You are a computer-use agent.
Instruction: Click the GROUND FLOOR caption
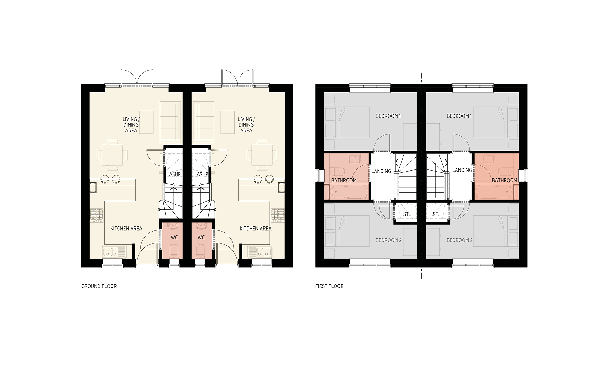[x=99, y=286]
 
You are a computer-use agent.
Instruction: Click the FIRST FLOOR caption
[x=329, y=286]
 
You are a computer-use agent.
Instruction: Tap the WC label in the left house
[x=174, y=237]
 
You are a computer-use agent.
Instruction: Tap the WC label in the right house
[x=201, y=237]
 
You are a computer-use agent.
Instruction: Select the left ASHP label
[x=175, y=174]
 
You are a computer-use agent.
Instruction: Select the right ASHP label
[x=202, y=174]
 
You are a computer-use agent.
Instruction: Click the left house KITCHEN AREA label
[x=126, y=228]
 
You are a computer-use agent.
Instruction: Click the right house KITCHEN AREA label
[x=255, y=228]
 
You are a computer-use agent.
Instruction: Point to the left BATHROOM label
[x=344, y=180]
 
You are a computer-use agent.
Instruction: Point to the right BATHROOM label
[x=505, y=180]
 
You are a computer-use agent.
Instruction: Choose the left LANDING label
[x=381, y=171]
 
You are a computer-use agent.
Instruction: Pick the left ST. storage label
[x=406, y=214]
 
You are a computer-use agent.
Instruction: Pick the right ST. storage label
[x=436, y=214]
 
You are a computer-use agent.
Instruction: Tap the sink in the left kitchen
[x=114, y=252]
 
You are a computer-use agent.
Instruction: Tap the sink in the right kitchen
[x=260, y=252]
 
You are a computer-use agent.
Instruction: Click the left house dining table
[x=112, y=155]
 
